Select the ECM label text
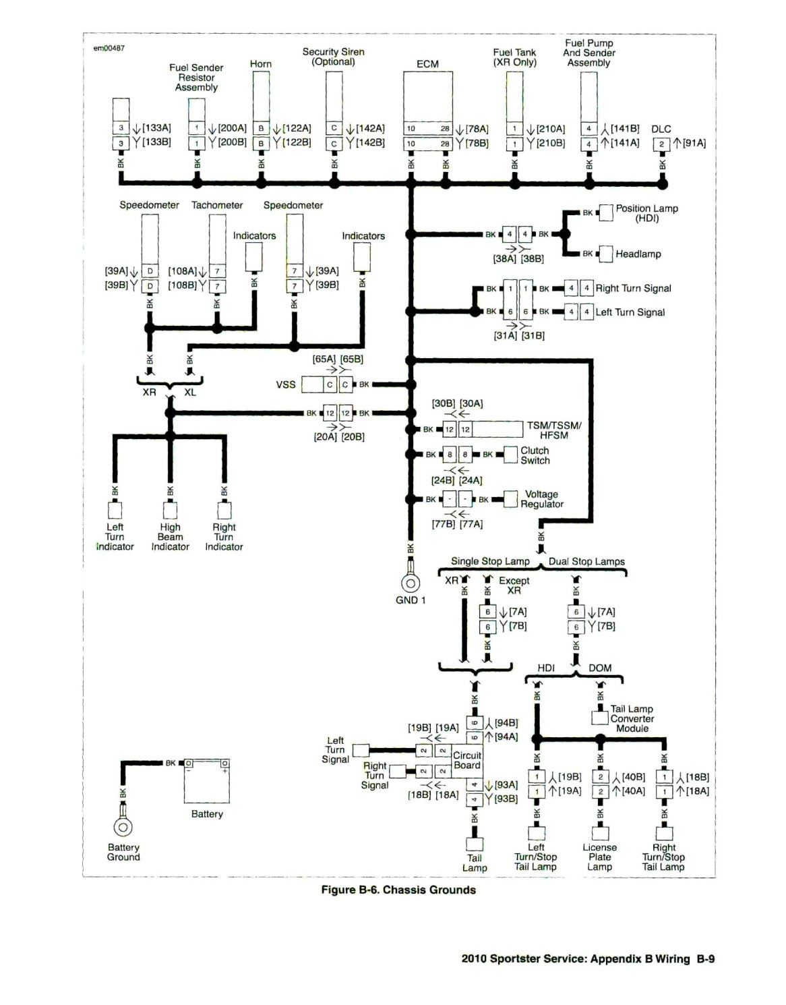point(427,64)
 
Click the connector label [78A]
point(477,129)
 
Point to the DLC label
point(661,129)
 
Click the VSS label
point(286,384)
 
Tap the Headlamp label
point(638,254)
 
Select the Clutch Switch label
point(535,455)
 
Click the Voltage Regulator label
point(542,499)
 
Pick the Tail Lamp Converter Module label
point(632,718)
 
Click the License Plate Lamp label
point(600,857)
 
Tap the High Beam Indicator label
point(170,536)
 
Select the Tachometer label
point(216,205)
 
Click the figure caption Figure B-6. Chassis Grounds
point(398,890)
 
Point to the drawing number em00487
point(109,48)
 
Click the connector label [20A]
point(326,436)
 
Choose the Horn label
point(261,64)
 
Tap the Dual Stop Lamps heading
point(586,561)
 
